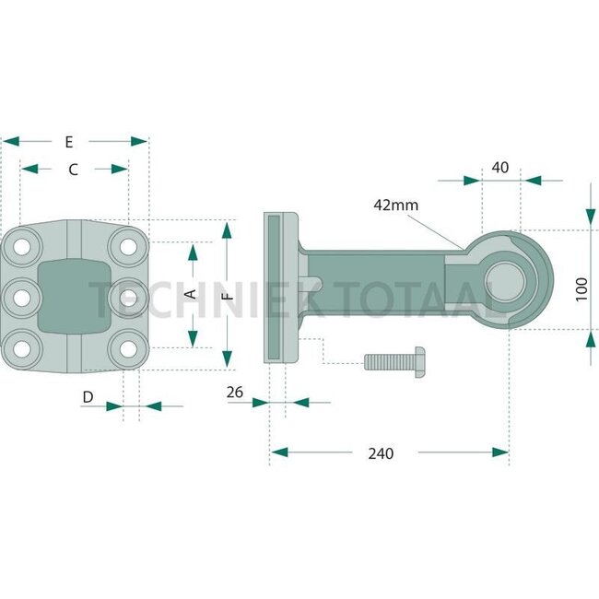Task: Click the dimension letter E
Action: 69,142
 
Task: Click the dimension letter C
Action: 74,170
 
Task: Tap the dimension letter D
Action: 88,397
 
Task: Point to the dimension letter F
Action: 227,295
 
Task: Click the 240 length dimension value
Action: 380,452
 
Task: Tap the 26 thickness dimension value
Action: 235,393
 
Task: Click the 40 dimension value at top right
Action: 500,168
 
